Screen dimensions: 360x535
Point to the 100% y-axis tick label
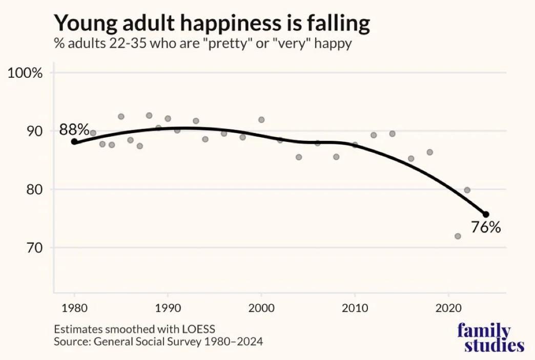point(25,73)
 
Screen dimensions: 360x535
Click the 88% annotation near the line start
point(74,130)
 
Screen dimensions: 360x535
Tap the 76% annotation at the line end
point(485,227)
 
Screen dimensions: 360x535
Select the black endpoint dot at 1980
point(74,142)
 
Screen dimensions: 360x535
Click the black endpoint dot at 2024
point(486,214)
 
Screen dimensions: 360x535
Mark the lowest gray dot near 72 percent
point(458,236)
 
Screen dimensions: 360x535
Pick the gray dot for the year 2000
point(261,120)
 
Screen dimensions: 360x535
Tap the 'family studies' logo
point(490,337)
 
